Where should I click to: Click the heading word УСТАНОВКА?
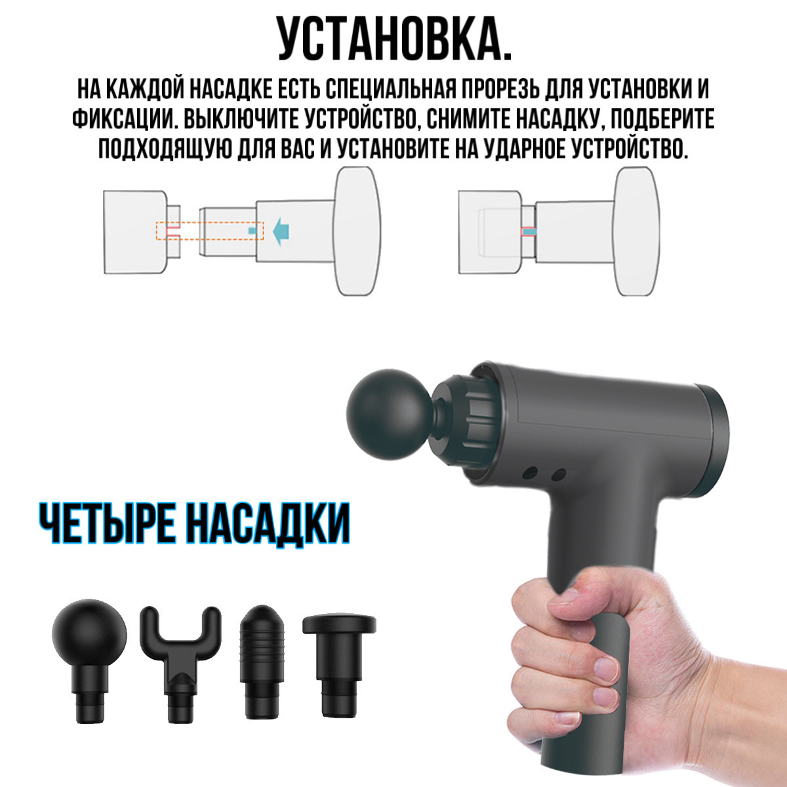[395, 39]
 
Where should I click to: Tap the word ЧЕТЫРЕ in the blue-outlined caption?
[106, 523]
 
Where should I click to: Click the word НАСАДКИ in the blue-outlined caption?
[268, 524]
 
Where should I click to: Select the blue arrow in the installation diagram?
[281, 231]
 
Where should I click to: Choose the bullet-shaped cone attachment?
[262, 662]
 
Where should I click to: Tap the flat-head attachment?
[339, 665]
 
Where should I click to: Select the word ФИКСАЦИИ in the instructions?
[123, 119]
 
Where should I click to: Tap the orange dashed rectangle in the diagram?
[210, 231]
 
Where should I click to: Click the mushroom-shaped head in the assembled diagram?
[637, 231]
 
